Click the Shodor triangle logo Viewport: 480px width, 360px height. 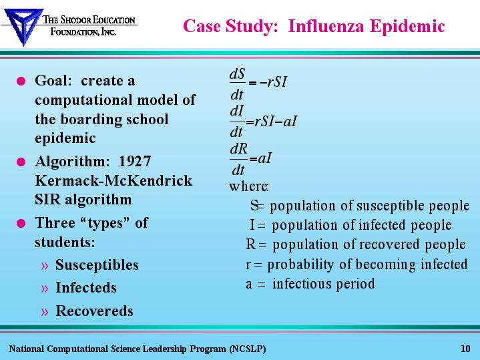[x=23, y=26]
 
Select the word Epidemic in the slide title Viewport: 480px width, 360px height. [x=407, y=26]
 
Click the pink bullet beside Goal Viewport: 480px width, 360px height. [x=21, y=81]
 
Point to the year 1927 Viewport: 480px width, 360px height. [x=135, y=161]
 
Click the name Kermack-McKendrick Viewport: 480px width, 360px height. [x=113, y=180]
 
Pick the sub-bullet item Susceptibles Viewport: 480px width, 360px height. [x=97, y=265]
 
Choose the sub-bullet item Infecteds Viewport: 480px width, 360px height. [x=86, y=287]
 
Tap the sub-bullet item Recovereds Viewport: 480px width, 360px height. [x=94, y=311]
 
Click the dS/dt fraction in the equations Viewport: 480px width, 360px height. [x=238, y=84]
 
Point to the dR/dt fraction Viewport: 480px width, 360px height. [x=238, y=160]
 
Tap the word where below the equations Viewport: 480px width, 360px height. [x=248, y=186]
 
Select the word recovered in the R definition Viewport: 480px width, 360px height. [x=389, y=244]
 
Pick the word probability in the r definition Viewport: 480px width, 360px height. [x=300, y=264]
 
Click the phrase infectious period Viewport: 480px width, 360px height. [x=324, y=284]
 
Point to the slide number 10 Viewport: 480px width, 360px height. [x=465, y=349]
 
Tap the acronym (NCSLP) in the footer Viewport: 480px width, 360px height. [x=248, y=349]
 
